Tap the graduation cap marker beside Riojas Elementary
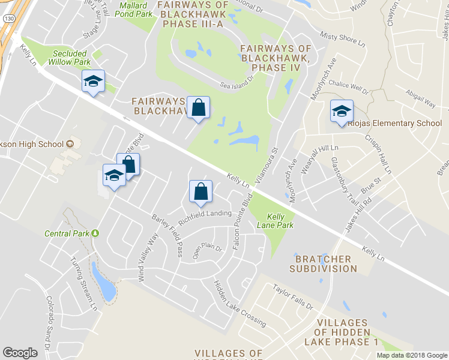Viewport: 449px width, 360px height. click(342, 110)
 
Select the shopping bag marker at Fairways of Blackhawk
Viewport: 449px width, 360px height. click(198, 108)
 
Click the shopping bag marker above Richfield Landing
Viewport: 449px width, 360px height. click(200, 192)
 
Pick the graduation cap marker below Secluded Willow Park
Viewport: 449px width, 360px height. click(93, 82)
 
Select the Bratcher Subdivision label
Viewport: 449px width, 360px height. click(323, 263)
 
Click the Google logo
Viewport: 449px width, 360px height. click(20, 353)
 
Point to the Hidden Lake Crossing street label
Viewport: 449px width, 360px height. click(240, 303)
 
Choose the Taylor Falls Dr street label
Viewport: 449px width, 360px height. click(293, 297)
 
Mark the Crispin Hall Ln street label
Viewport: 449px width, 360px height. click(378, 154)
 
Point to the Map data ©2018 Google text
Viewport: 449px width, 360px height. click(411, 355)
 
